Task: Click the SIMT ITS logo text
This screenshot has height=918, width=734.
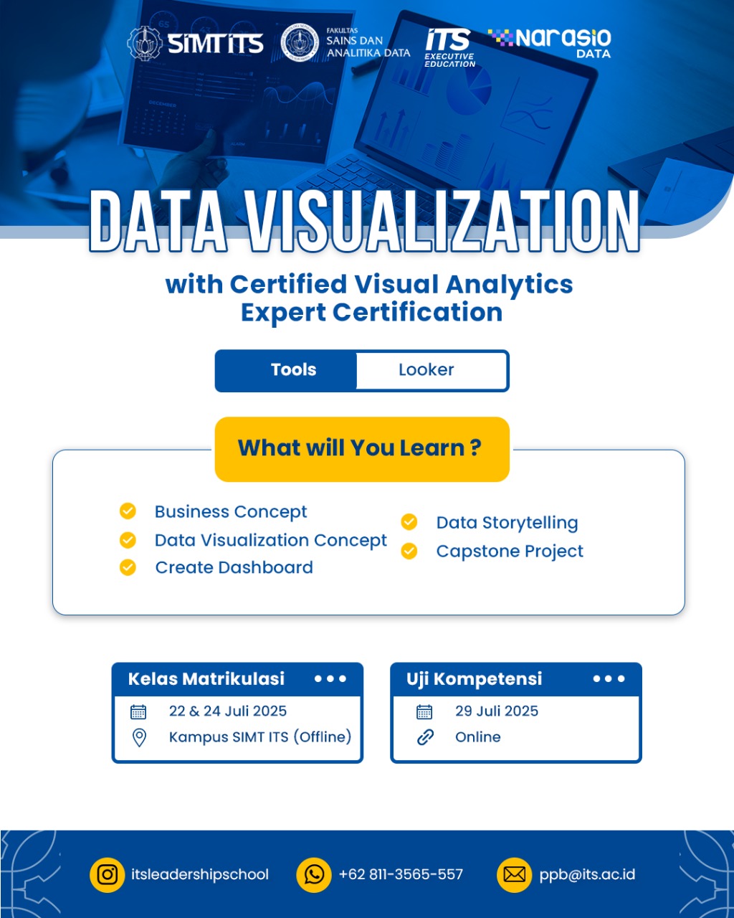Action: [x=215, y=44]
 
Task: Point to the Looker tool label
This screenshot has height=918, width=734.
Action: [x=426, y=369]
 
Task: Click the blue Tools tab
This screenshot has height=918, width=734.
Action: [x=286, y=370]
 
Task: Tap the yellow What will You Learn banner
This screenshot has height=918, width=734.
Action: [x=362, y=449]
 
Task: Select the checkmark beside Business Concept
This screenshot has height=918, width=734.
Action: [x=128, y=511]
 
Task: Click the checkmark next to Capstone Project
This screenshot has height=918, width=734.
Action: [x=409, y=551]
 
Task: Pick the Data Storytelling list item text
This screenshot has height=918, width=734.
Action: [x=507, y=523]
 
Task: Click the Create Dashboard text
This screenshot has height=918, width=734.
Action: [x=234, y=567]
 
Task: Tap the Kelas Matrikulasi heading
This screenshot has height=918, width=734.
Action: [x=206, y=678]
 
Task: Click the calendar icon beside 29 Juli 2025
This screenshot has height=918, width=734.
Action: [x=424, y=711]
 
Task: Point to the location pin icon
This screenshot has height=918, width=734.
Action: [x=140, y=737]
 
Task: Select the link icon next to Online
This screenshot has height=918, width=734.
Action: [x=425, y=737]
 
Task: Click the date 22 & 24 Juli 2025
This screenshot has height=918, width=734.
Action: [x=228, y=711]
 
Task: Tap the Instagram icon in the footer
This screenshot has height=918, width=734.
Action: [x=107, y=875]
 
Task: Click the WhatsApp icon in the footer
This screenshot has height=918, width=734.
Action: [x=314, y=875]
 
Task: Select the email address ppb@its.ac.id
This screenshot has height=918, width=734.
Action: [x=587, y=874]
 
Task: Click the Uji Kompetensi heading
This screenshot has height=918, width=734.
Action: [x=474, y=678]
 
